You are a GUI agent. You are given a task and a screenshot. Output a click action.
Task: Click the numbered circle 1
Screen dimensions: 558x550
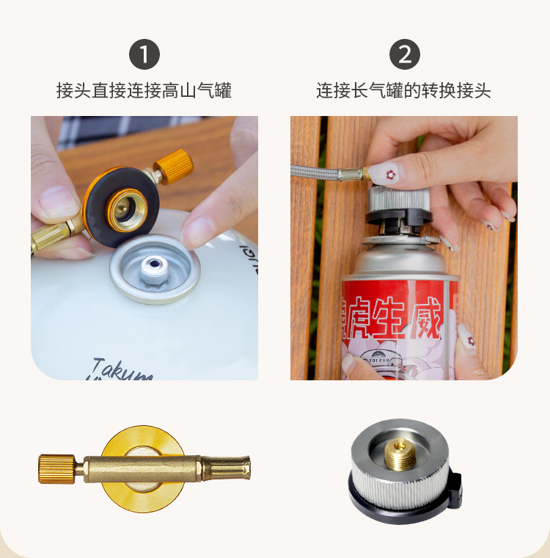(144, 55)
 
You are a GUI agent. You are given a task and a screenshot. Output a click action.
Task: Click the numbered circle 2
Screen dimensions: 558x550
(404, 55)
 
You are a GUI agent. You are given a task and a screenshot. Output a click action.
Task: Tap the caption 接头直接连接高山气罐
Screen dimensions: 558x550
(144, 91)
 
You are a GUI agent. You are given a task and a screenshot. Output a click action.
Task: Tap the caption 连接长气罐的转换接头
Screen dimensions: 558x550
(404, 91)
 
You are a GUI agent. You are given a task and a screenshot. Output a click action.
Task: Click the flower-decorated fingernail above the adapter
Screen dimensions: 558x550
(382, 175)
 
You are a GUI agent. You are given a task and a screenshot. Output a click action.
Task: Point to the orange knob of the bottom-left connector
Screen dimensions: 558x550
(57, 468)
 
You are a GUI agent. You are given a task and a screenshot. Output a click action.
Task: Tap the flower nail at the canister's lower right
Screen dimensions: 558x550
(466, 337)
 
